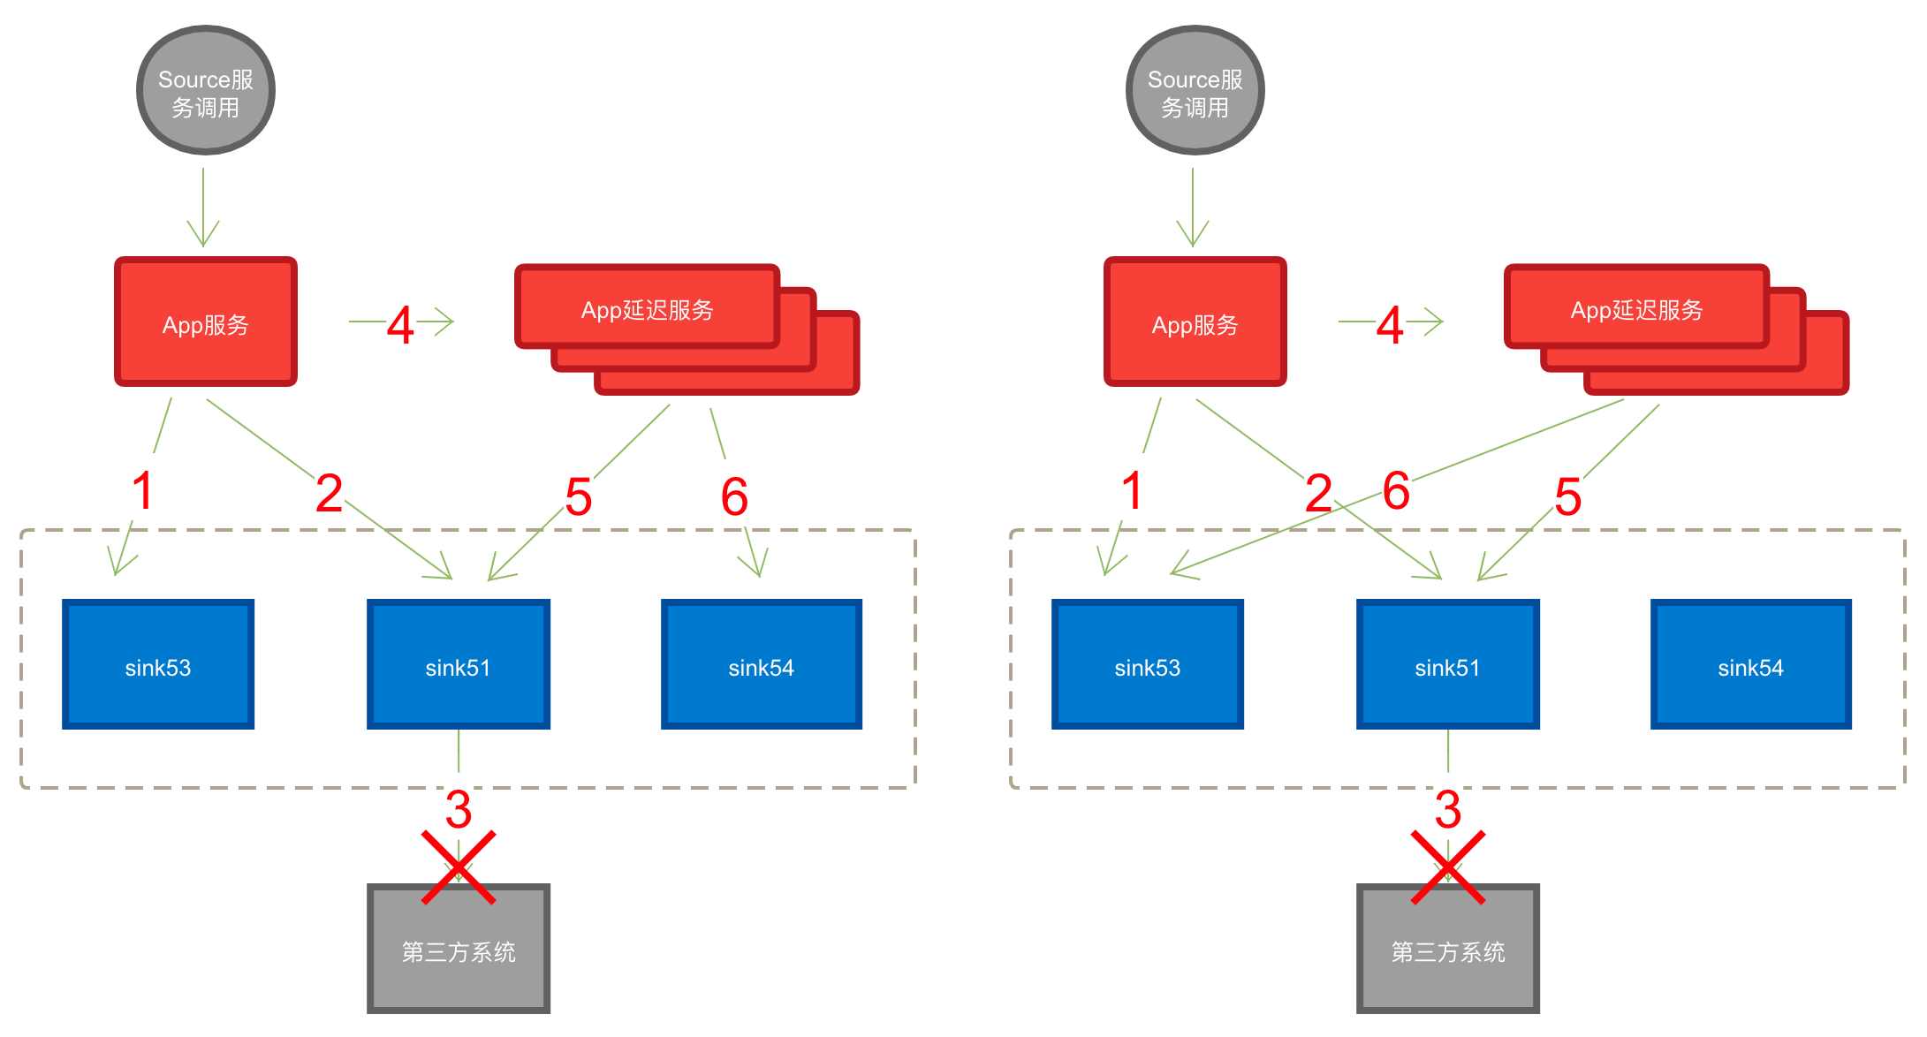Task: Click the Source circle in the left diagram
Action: (x=206, y=91)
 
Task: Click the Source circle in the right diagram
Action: (x=1195, y=91)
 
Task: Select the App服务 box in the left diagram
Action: (x=206, y=322)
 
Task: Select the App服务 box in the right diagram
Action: (x=1195, y=322)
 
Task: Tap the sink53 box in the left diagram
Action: (x=158, y=665)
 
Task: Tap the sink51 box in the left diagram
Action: (x=459, y=665)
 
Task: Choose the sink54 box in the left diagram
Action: (x=762, y=665)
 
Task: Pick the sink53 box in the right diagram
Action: (x=1148, y=665)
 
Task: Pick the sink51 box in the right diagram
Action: (x=1448, y=665)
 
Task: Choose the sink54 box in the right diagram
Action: (x=1751, y=665)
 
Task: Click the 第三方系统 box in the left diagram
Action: (x=459, y=950)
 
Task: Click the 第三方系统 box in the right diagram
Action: (x=1448, y=950)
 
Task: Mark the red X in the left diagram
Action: (x=459, y=867)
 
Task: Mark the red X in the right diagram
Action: (x=1448, y=867)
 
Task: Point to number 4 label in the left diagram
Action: (x=401, y=322)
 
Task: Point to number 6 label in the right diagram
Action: (x=1397, y=488)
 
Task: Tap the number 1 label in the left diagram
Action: (x=143, y=488)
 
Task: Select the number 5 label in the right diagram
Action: (x=1568, y=494)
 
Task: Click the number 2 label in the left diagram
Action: (x=330, y=490)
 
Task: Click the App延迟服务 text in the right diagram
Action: (x=1636, y=310)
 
